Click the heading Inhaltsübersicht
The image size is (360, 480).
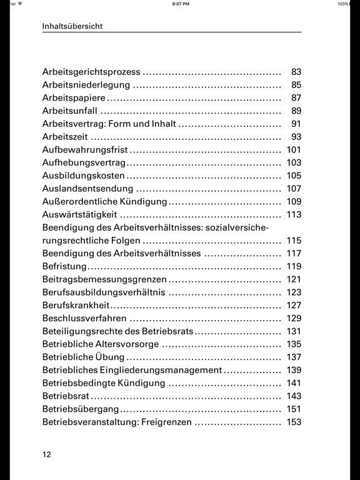pyautogui.click(x=72, y=26)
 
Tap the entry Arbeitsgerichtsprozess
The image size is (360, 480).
pyautogui.click(x=91, y=72)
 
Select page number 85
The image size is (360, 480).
pyautogui.click(x=296, y=85)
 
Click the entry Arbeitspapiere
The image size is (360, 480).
pyautogui.click(x=74, y=98)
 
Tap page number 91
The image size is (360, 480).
pyautogui.click(x=296, y=124)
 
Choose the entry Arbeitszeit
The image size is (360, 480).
pyautogui.click(x=65, y=137)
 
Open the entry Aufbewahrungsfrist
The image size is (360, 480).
pyautogui.click(x=84, y=150)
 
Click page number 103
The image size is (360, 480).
pyautogui.click(x=294, y=162)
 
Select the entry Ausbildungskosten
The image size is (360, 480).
pyautogui.click(x=83, y=176)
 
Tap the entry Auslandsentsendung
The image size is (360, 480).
pyautogui.click(x=87, y=189)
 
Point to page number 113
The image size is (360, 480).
pyautogui.click(x=294, y=214)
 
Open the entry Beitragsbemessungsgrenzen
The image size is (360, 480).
pyautogui.click(x=104, y=279)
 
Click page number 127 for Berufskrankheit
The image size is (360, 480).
pyautogui.click(x=294, y=305)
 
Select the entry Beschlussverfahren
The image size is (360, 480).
pyautogui.click(x=84, y=318)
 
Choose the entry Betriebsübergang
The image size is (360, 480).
pyautogui.click(x=81, y=409)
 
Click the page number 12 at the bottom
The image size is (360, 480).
pyautogui.click(x=46, y=454)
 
